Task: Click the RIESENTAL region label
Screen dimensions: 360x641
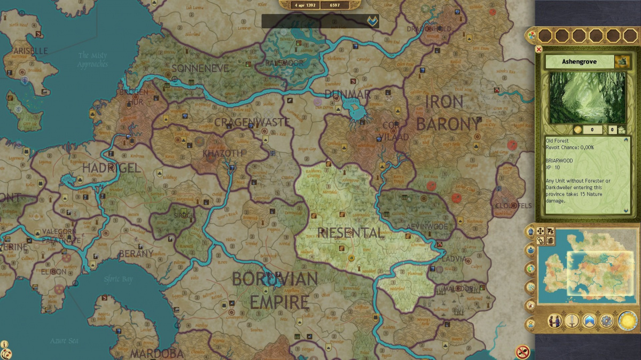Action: tap(350, 233)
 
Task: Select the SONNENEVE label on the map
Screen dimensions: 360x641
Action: tap(200, 68)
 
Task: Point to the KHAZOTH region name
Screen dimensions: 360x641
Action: tap(222, 153)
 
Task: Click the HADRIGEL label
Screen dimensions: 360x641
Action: tap(111, 168)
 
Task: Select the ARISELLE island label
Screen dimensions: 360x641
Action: tap(27, 51)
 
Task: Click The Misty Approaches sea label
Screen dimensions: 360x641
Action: tap(92, 60)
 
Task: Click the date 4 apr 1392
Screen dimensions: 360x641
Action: tap(306, 5)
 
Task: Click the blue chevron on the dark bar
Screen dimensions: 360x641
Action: tap(371, 21)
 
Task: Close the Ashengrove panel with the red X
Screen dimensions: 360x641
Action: tap(538, 50)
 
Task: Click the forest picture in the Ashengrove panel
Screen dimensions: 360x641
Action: tap(587, 98)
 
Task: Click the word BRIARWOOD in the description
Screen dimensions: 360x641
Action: tap(559, 160)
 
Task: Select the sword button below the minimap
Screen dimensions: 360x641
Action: tap(572, 321)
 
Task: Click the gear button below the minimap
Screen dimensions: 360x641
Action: tap(606, 321)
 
